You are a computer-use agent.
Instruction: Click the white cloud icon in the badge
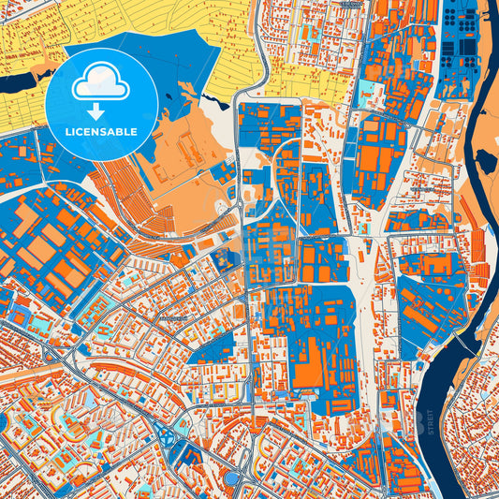point(101,84)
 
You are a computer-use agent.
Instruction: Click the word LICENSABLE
point(101,132)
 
